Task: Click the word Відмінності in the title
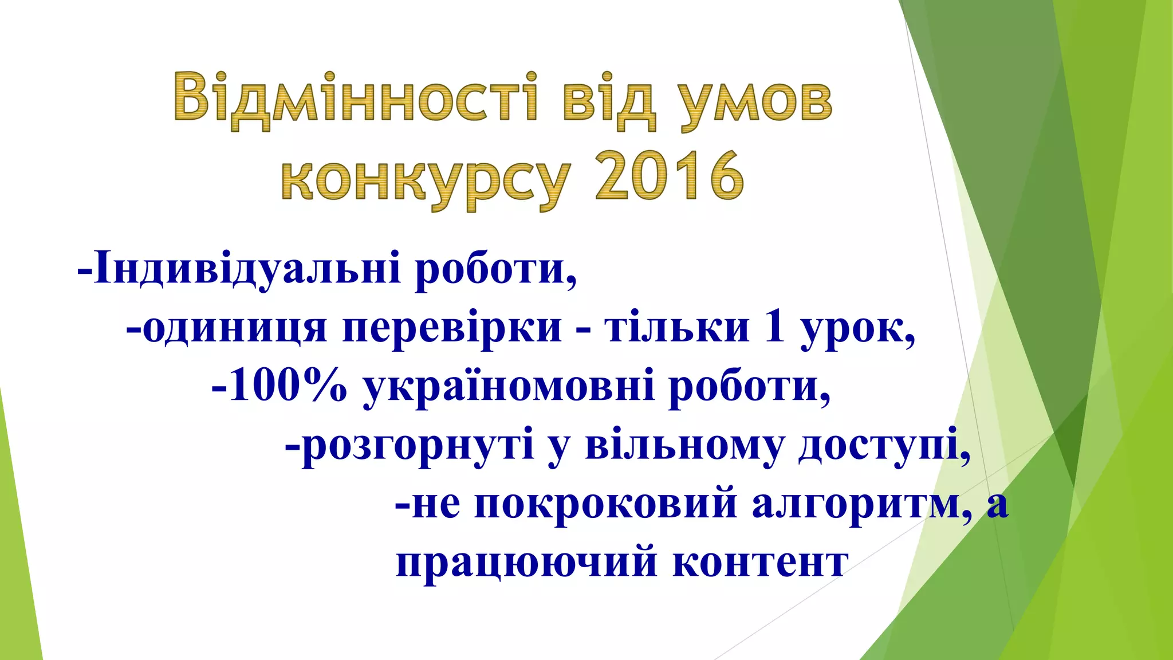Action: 356,98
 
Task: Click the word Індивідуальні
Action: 247,269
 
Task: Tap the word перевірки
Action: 452,328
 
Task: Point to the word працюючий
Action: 526,563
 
